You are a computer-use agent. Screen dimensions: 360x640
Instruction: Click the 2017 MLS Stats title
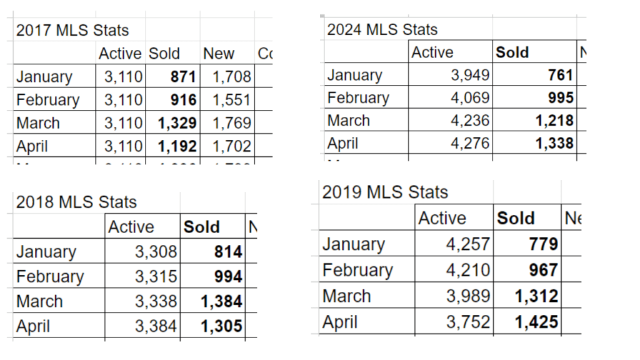click(72, 30)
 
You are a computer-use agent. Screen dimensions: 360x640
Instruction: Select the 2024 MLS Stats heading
click(382, 29)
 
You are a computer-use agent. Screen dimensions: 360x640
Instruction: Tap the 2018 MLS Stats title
click(76, 202)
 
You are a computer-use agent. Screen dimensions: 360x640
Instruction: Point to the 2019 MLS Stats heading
click(385, 192)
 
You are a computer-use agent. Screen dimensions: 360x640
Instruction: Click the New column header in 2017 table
click(219, 54)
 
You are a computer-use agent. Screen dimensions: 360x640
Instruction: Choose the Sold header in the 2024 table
click(512, 52)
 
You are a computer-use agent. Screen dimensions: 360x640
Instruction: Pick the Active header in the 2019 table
click(442, 218)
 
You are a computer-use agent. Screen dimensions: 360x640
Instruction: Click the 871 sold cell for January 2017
click(184, 77)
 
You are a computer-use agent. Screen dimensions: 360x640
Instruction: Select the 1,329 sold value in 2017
click(177, 123)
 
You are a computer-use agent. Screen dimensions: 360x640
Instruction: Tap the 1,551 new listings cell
click(231, 100)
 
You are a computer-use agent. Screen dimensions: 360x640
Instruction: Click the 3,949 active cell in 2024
click(471, 76)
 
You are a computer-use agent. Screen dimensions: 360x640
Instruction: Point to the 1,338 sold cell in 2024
click(554, 143)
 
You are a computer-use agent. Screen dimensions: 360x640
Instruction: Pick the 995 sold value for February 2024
click(560, 98)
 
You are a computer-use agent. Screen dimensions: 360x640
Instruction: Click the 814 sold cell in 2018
click(228, 252)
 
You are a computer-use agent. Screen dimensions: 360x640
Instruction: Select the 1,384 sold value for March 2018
click(221, 302)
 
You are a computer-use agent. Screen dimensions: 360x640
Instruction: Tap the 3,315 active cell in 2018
click(156, 277)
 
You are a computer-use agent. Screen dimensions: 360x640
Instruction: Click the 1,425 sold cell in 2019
click(537, 322)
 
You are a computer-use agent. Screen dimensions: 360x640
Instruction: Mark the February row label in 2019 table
click(357, 271)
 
